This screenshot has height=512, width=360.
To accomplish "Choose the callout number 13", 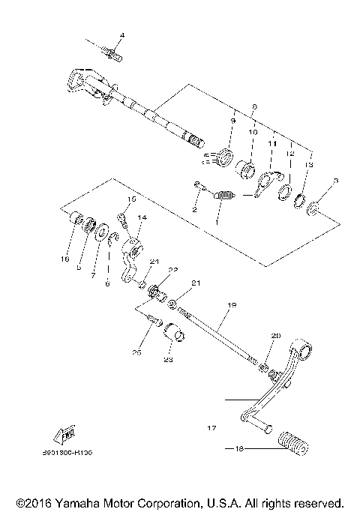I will pyautogui.click(x=310, y=164).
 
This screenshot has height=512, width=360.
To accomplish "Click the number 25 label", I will pyautogui.click(x=137, y=352).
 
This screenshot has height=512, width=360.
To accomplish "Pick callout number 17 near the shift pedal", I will pyautogui.click(x=211, y=429).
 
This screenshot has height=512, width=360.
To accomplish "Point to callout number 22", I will pyautogui.click(x=172, y=270).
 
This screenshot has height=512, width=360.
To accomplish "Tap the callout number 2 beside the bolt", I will pyautogui.click(x=193, y=210).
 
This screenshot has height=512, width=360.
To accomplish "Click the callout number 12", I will pyautogui.click(x=289, y=153).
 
